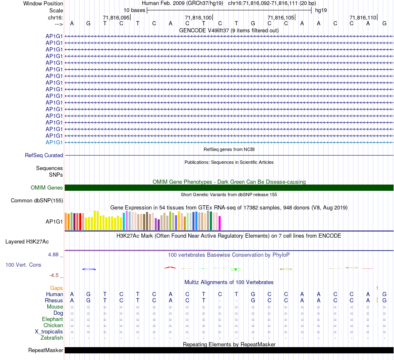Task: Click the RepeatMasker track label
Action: (x=46, y=350)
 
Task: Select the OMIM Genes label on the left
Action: (x=47, y=188)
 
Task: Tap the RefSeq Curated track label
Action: (x=44, y=156)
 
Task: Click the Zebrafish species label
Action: (x=52, y=338)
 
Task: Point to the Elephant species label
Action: (x=52, y=319)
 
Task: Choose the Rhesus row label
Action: (x=54, y=300)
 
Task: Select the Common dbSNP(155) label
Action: (x=37, y=201)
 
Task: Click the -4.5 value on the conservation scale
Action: (x=55, y=275)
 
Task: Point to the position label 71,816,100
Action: (x=198, y=17)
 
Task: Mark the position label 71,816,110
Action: (x=362, y=17)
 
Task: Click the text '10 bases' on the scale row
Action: (x=134, y=10)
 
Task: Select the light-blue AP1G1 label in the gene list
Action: (x=54, y=142)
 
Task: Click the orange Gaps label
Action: (x=56, y=288)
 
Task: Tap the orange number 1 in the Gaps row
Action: (x=377, y=288)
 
